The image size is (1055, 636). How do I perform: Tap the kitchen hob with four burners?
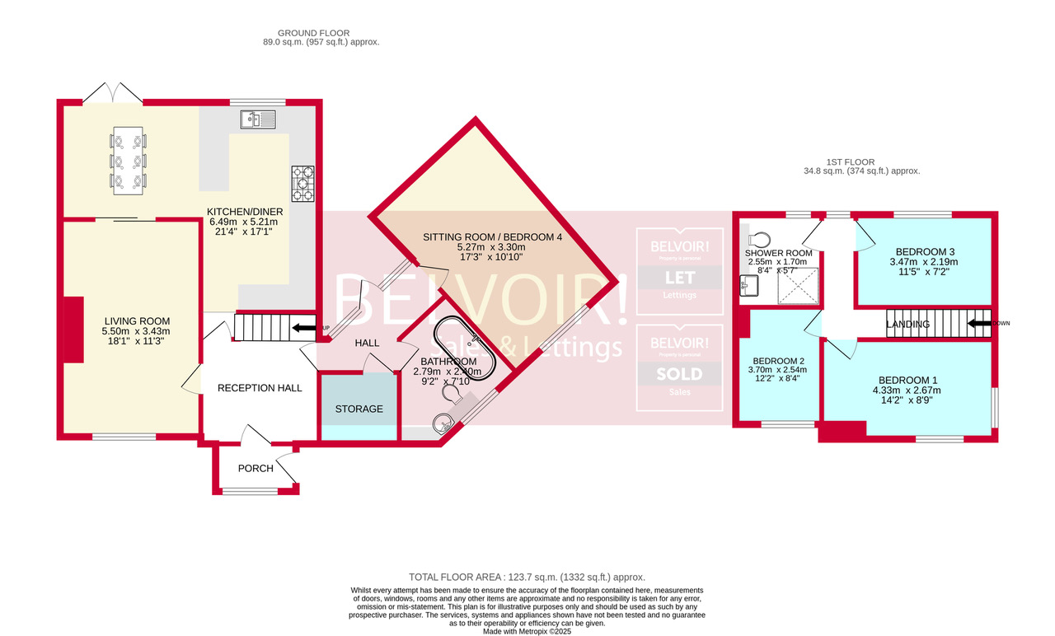tap(302, 184)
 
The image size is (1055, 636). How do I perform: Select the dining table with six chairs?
tap(128, 161)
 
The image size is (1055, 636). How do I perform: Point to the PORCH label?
tap(256, 469)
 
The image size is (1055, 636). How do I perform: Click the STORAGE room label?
tap(359, 409)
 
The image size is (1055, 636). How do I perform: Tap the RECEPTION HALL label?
tap(260, 387)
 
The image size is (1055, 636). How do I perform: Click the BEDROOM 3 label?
tap(926, 251)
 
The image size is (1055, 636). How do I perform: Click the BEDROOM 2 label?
tap(778, 361)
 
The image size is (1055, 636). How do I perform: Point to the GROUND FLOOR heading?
tap(318, 33)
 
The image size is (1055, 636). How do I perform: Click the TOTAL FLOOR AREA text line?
tap(527, 578)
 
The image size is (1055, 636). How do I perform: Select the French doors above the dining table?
tap(112, 92)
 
